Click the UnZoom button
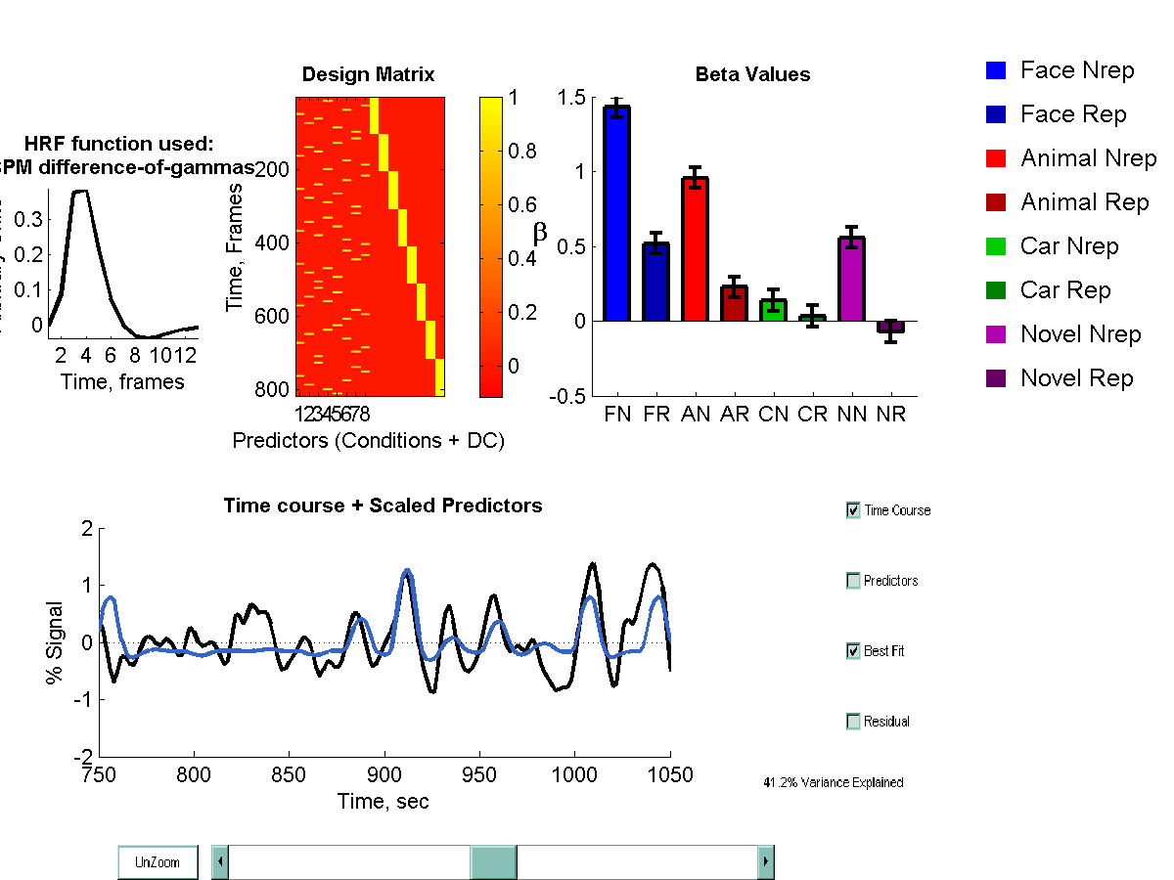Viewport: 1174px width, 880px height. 158,862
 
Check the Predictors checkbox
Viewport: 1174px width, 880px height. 853,581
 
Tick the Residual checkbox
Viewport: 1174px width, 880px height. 853,722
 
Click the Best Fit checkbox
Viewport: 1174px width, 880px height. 853,651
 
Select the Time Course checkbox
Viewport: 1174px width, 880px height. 853,510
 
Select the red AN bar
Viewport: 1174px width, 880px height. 695,249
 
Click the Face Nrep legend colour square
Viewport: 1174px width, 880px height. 996,70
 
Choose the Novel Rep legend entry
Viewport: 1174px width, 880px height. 1076,378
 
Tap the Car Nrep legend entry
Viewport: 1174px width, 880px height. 1068,246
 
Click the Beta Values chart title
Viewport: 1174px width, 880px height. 752,74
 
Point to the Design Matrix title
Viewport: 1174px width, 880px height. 368,74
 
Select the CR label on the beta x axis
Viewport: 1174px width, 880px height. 813,415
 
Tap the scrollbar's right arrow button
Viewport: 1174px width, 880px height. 766,862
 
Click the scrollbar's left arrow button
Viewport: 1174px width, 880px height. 220,862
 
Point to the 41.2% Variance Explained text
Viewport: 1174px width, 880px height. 833,782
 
